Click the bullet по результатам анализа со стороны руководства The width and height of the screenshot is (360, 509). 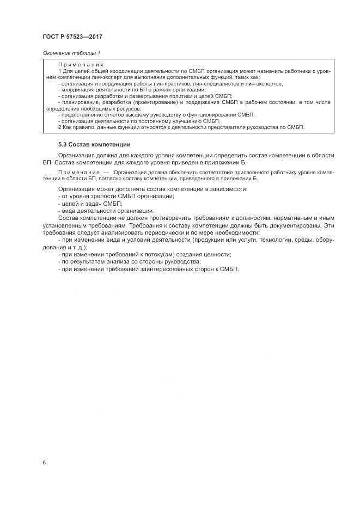[133, 262]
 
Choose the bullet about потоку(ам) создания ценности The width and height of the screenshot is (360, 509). [144, 254]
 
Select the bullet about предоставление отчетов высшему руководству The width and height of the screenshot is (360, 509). [156, 114]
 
